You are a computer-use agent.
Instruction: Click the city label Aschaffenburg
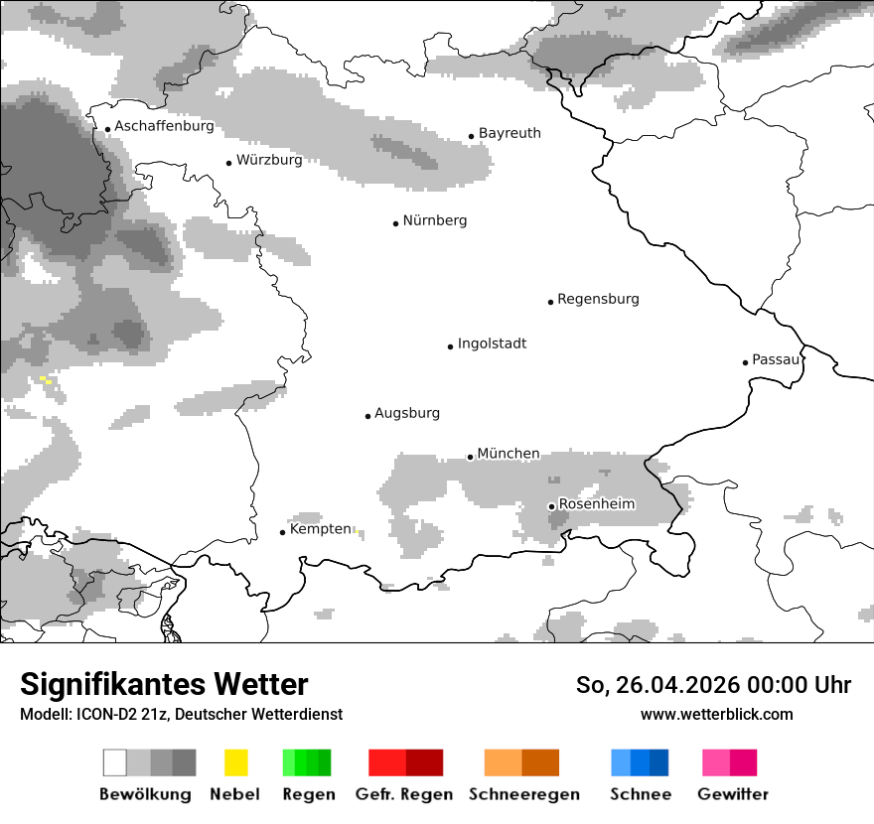tap(164, 126)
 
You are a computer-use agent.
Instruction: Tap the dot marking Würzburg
tap(228, 162)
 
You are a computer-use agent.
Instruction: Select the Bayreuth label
tap(510, 133)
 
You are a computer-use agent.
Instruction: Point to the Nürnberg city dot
tap(395, 223)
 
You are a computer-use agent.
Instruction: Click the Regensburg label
tap(598, 299)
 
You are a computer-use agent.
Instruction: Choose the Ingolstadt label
tap(492, 343)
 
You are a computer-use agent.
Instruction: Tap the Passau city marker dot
tap(745, 362)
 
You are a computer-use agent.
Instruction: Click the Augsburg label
tap(407, 413)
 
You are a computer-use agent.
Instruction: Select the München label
tap(509, 454)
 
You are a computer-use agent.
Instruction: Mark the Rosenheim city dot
tap(551, 506)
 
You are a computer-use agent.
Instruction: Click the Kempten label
tap(320, 529)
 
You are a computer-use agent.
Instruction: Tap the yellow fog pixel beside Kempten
tap(356, 532)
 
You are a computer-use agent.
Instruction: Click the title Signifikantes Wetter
tap(164, 684)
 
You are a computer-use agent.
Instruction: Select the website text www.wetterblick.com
tap(716, 714)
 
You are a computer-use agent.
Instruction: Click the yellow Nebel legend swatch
tap(235, 762)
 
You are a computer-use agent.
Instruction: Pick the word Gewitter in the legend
tap(733, 794)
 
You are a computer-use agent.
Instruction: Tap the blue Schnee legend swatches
tap(640, 762)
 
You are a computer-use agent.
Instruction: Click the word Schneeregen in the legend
tap(524, 794)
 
